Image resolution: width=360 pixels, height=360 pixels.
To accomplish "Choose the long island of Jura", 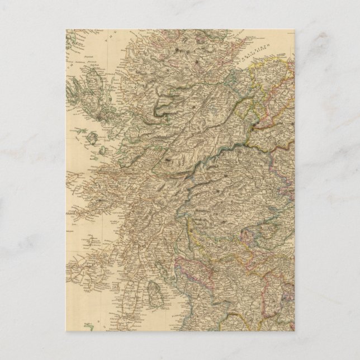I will [x=104, y=249].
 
